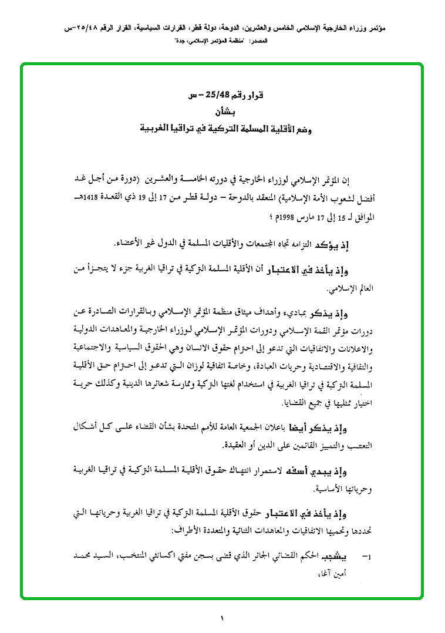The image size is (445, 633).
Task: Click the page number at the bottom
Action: point(222,617)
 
